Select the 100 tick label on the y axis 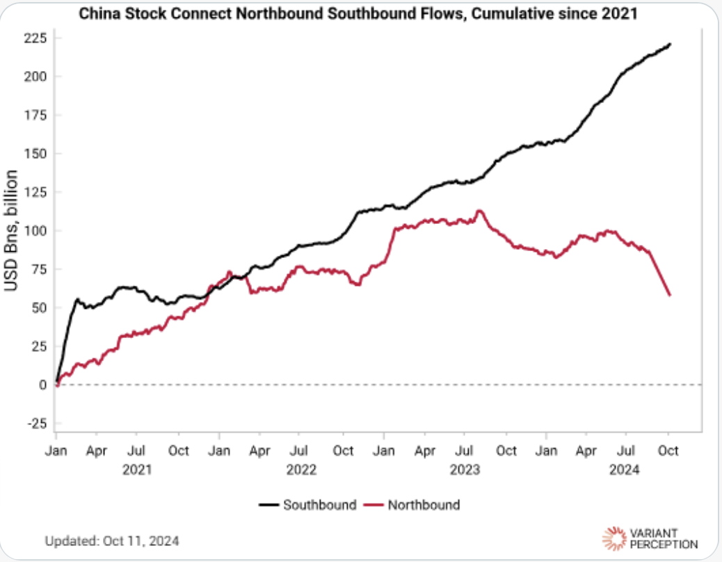[x=35, y=231]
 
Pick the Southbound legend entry [x=308, y=505]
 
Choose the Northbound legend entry [x=413, y=505]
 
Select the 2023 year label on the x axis [x=465, y=469]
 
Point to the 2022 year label [x=300, y=469]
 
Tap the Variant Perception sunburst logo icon [x=614, y=537]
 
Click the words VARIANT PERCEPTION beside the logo [x=663, y=537]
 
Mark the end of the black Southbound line [x=670, y=45]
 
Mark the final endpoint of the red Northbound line [x=670, y=295]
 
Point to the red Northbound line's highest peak [x=479, y=211]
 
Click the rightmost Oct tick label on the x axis [x=669, y=451]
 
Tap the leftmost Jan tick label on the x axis [x=56, y=451]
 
